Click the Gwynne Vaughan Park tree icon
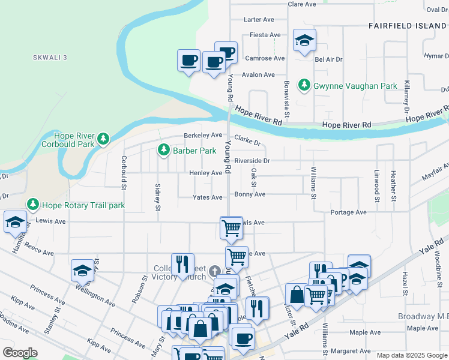point(305,86)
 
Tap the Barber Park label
point(194,150)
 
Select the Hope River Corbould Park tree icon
point(104,139)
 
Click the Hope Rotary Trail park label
point(83,205)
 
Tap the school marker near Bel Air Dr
point(304,41)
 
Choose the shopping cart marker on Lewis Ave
point(231,228)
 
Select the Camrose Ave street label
point(265,58)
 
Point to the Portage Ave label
point(348,212)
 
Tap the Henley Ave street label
point(206,173)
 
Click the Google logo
point(20,353)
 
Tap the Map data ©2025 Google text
point(411,355)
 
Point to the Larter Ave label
point(259,20)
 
